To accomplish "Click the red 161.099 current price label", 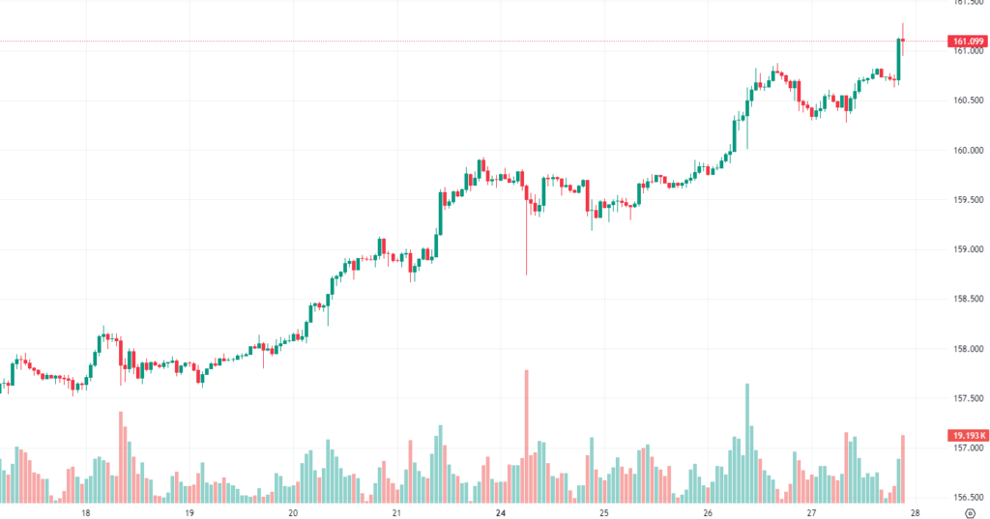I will pyautogui.click(x=968, y=41).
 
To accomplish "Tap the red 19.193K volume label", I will pyautogui.click(x=968, y=436).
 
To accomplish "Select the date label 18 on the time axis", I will pyautogui.click(x=86, y=512).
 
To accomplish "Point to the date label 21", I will pyautogui.click(x=397, y=512).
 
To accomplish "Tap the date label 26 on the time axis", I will pyautogui.click(x=708, y=512).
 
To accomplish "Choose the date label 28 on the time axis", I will pyautogui.click(x=915, y=512).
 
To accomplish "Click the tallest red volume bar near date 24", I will pyautogui.click(x=527, y=435).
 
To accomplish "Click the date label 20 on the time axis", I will pyautogui.click(x=293, y=512).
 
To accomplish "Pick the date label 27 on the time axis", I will pyautogui.click(x=811, y=512).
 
